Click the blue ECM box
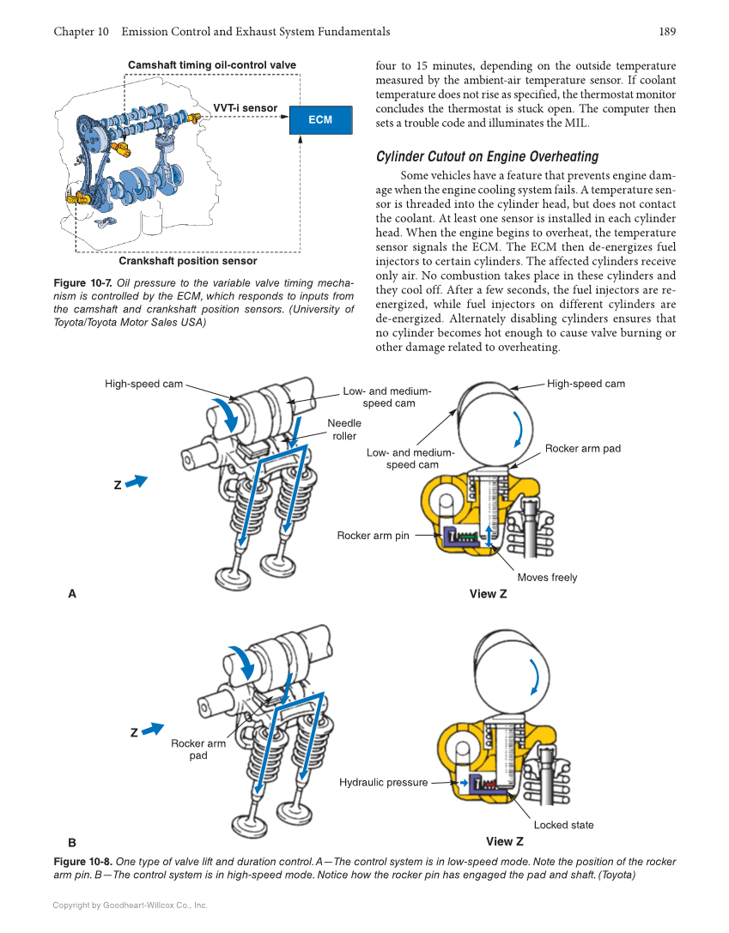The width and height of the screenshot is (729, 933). coord(320,120)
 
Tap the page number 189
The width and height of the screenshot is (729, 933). coord(667,32)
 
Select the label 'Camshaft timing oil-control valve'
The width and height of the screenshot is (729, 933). coord(211,65)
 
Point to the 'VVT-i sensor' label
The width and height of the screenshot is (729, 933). coord(245,108)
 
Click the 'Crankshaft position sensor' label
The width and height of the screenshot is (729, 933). coord(187,261)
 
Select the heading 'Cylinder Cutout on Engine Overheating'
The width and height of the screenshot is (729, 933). coord(487,156)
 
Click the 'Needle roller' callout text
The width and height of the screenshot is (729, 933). coord(344,429)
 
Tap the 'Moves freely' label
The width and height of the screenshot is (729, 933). coord(547,578)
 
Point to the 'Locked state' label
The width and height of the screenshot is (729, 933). coord(563,825)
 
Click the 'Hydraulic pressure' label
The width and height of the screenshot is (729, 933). coord(383,782)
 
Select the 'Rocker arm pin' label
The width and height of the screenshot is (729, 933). coord(373,536)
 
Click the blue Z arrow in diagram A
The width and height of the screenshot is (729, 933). coord(136,482)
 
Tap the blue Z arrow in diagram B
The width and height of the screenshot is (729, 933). coord(152,730)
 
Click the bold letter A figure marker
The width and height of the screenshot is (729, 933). coord(72,593)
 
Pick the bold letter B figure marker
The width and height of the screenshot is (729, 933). coord(72,842)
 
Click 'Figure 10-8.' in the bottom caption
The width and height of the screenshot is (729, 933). coord(82,862)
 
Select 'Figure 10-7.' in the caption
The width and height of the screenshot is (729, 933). coord(82,283)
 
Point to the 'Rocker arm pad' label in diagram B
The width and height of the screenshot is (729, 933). coord(198,749)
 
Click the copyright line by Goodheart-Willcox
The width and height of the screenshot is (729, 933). coord(130,905)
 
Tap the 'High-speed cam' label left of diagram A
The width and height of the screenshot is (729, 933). coord(143,384)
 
